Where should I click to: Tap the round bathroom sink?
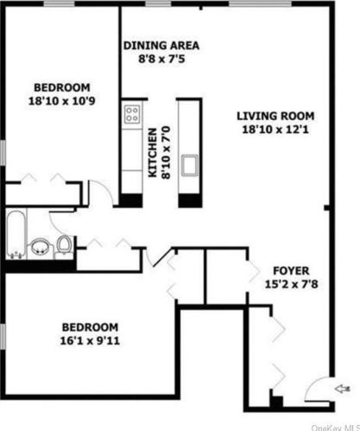40,248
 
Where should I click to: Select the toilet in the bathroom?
64,247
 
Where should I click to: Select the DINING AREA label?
161,46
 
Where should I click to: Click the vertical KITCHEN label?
152,154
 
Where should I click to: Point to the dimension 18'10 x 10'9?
62,100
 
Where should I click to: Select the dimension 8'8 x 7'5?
161,60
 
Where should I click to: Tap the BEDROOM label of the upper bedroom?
62,86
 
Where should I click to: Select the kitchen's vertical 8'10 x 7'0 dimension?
165,154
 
